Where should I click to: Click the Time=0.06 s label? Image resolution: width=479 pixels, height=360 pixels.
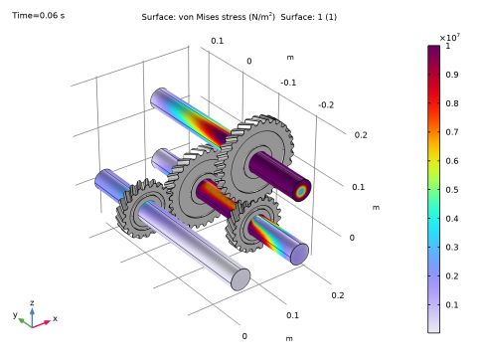pyautogui.click(x=39, y=15)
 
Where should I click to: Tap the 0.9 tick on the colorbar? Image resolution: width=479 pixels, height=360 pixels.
pyautogui.click(x=452, y=75)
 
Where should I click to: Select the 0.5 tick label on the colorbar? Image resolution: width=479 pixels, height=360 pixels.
pyautogui.click(x=452, y=190)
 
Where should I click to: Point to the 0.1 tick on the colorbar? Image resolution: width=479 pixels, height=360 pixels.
pyautogui.click(x=452, y=304)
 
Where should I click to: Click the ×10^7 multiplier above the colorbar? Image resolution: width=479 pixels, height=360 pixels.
pyautogui.click(x=449, y=38)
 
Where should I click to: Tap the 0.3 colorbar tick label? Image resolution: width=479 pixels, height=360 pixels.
pyautogui.click(x=452, y=247)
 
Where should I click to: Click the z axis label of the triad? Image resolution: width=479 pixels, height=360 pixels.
pyautogui.click(x=32, y=302)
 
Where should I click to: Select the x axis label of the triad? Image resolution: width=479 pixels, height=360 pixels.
pyautogui.click(x=55, y=318)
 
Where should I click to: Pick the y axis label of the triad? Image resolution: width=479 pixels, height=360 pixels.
pyautogui.click(x=15, y=314)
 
